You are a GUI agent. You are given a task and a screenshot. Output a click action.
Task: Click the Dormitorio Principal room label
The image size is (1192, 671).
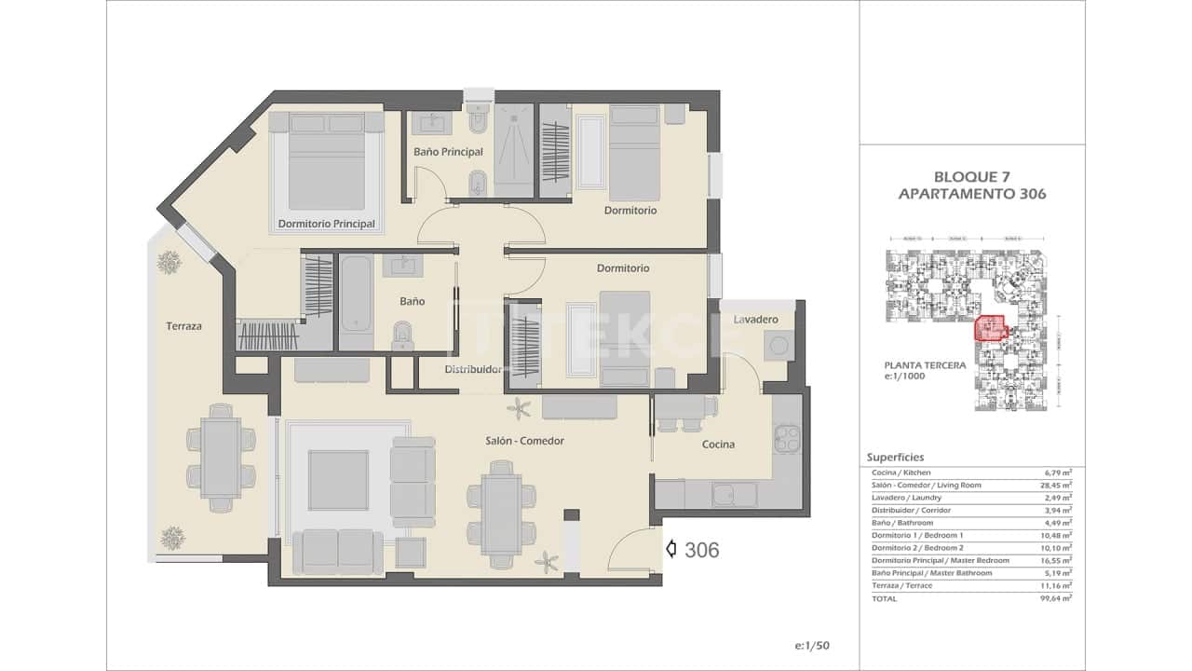pos(326,224)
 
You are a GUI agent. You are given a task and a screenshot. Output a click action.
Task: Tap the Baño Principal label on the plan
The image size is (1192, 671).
pos(448,151)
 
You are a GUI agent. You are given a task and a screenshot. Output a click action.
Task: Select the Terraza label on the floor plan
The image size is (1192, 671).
pos(184,326)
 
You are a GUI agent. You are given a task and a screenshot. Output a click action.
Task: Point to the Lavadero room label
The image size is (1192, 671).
pos(755,320)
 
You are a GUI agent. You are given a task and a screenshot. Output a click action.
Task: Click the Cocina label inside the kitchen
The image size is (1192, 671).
pos(718,445)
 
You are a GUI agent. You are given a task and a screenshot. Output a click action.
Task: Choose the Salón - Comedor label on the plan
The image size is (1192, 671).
pos(524,441)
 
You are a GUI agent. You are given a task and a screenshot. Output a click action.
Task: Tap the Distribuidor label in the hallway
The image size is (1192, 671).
pos(473,370)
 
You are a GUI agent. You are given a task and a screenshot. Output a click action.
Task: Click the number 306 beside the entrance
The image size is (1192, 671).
pos(701,551)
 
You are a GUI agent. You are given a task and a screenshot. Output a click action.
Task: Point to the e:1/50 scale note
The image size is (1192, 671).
pos(813,645)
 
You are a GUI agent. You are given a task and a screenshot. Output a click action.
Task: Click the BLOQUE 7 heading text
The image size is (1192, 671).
pos(971,176)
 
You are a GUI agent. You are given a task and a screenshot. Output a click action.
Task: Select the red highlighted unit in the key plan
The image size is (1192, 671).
pos(989,329)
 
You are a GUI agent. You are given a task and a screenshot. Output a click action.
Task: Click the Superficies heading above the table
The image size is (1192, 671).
pos(895,458)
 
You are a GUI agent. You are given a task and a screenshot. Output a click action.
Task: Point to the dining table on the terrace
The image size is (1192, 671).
pos(221,458)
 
